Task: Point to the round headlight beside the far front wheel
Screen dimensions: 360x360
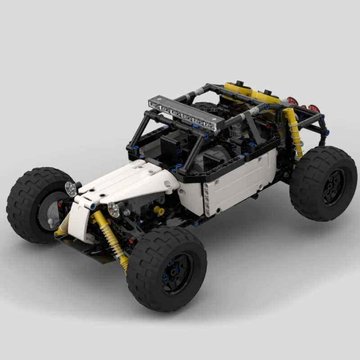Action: [71, 189]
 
